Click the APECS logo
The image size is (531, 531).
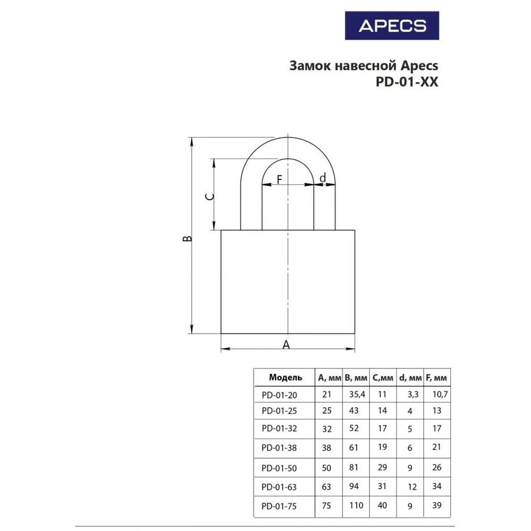392,25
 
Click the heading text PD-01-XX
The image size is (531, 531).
407,82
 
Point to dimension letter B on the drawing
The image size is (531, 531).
187,239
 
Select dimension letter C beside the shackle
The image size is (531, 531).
210,197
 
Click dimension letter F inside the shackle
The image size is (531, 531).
279,179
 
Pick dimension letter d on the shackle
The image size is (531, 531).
323,177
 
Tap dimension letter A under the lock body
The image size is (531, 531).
286,345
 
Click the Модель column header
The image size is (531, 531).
286,377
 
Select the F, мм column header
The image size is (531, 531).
436,378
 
